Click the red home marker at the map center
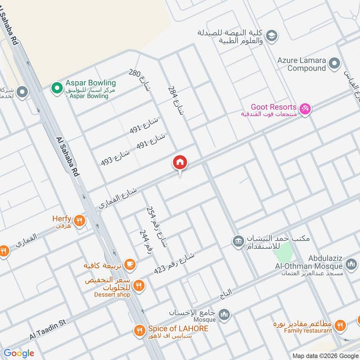180,162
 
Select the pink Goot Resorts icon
306,109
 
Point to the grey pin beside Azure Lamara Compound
334,63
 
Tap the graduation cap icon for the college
271,35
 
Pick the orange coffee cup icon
130,265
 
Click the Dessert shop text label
112,295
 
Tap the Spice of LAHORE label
179,328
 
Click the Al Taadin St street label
48,329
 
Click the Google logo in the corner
19,353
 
